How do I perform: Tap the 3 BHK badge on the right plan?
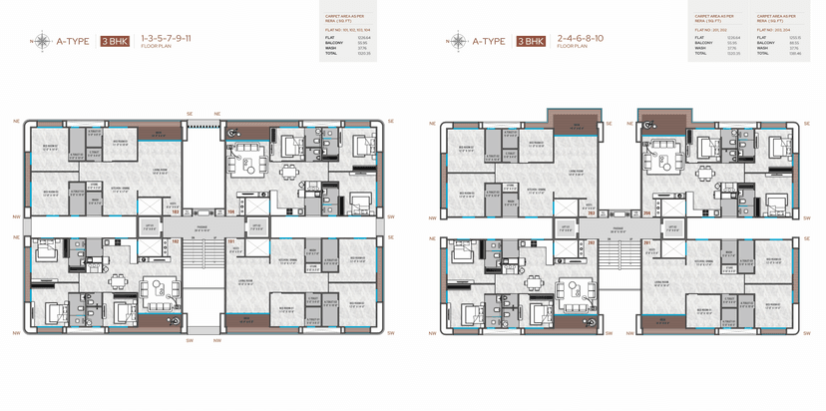(x=531, y=42)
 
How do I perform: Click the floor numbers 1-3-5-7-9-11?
(x=167, y=38)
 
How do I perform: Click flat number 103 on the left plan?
(x=175, y=211)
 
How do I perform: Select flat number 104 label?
(x=230, y=211)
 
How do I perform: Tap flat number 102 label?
(x=175, y=240)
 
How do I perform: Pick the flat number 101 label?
(x=230, y=240)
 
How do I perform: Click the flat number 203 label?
(x=591, y=211)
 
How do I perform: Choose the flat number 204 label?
(x=646, y=211)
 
